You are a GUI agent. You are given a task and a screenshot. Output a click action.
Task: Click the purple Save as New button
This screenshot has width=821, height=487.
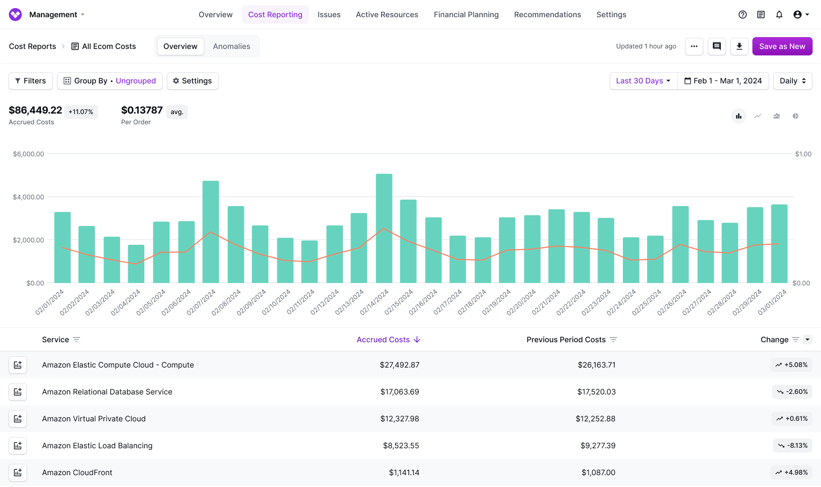coord(782,46)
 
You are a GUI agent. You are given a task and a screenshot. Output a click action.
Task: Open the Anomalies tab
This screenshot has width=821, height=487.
coord(231,46)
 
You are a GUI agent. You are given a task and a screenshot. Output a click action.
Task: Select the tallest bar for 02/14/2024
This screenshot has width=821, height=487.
coord(384,228)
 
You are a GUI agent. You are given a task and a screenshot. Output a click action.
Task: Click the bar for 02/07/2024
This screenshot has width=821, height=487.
coord(210,231)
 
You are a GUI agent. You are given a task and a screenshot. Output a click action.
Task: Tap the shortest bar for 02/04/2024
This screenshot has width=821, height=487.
coord(136,264)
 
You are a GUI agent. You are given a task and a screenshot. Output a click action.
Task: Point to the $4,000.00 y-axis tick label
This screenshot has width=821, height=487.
coord(29,197)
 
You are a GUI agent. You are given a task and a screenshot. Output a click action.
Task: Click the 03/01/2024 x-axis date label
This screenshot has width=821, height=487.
coord(773,302)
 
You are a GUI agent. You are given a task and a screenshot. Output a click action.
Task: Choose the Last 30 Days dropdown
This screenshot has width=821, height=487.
coord(643,81)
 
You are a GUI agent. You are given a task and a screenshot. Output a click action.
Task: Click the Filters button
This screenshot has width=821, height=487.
coord(31,81)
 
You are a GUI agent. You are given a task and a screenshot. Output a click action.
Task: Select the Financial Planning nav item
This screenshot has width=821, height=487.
coord(466,15)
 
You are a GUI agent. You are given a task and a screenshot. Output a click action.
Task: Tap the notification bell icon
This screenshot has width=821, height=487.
coord(779,15)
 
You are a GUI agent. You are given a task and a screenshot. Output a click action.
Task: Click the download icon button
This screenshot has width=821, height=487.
coord(739,46)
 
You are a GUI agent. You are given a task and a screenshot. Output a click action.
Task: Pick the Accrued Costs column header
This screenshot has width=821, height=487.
coord(383,340)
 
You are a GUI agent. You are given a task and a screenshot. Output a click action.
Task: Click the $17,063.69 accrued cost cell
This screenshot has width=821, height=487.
coord(399,392)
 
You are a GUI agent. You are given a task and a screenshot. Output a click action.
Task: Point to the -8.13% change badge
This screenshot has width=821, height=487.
coord(792,446)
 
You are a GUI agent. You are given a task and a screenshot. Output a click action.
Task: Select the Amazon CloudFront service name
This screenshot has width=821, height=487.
coord(77,472)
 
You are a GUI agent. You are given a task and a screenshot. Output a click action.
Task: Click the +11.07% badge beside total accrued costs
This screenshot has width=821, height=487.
coord(81,112)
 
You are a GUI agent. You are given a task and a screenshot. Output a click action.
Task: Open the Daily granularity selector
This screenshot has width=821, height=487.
coord(792,81)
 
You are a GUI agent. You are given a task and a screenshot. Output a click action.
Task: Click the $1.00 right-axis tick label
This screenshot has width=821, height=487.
coord(803,154)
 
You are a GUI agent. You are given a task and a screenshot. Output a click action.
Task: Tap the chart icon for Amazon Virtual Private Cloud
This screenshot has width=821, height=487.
coord(18,419)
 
